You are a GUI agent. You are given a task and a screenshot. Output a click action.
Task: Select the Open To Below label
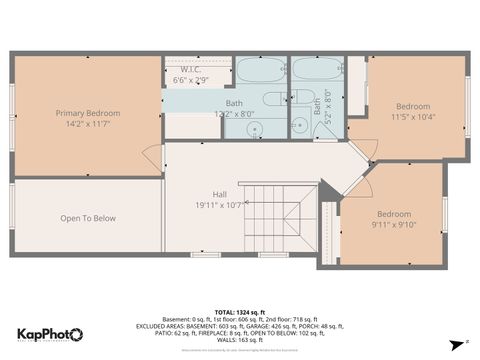point(88,218)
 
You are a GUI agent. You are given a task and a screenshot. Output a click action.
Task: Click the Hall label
point(219,194)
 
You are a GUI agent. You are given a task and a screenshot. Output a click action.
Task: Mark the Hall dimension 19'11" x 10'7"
point(219,205)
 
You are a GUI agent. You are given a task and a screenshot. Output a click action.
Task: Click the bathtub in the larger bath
point(260,71)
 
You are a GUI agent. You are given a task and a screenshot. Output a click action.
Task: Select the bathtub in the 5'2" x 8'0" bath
point(316,71)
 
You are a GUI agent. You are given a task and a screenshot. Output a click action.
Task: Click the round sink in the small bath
point(297,126)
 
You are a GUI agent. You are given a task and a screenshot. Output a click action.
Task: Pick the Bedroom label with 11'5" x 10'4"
point(412,106)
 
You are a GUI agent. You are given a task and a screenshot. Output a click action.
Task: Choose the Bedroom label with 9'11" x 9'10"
point(393,214)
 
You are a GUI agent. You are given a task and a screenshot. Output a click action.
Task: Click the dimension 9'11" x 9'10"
point(393,225)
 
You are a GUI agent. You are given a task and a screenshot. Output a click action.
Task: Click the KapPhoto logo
point(50,335)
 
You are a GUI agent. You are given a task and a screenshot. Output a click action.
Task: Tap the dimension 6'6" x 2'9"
point(190,79)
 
